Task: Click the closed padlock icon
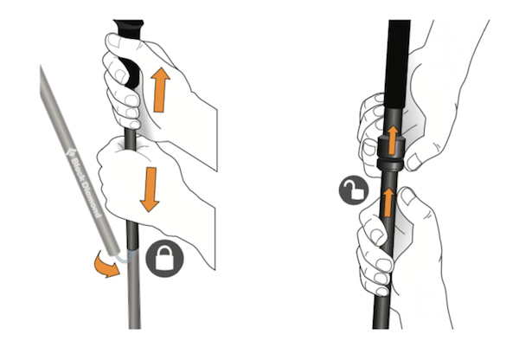click(x=164, y=258)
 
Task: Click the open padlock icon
click(x=354, y=190)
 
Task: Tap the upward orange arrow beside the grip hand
click(x=160, y=89)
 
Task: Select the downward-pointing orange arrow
click(x=150, y=190)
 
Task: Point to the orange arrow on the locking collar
click(x=393, y=140)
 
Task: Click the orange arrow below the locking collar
click(x=388, y=202)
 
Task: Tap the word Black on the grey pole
click(x=79, y=170)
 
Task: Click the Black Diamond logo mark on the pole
click(x=70, y=152)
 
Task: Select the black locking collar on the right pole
click(x=391, y=152)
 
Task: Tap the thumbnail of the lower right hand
click(x=407, y=196)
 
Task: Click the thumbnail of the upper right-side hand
click(x=413, y=163)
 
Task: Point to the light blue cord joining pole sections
click(x=125, y=257)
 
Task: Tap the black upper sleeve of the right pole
click(x=399, y=63)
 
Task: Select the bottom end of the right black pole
click(x=381, y=328)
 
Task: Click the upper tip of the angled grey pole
click(x=41, y=67)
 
